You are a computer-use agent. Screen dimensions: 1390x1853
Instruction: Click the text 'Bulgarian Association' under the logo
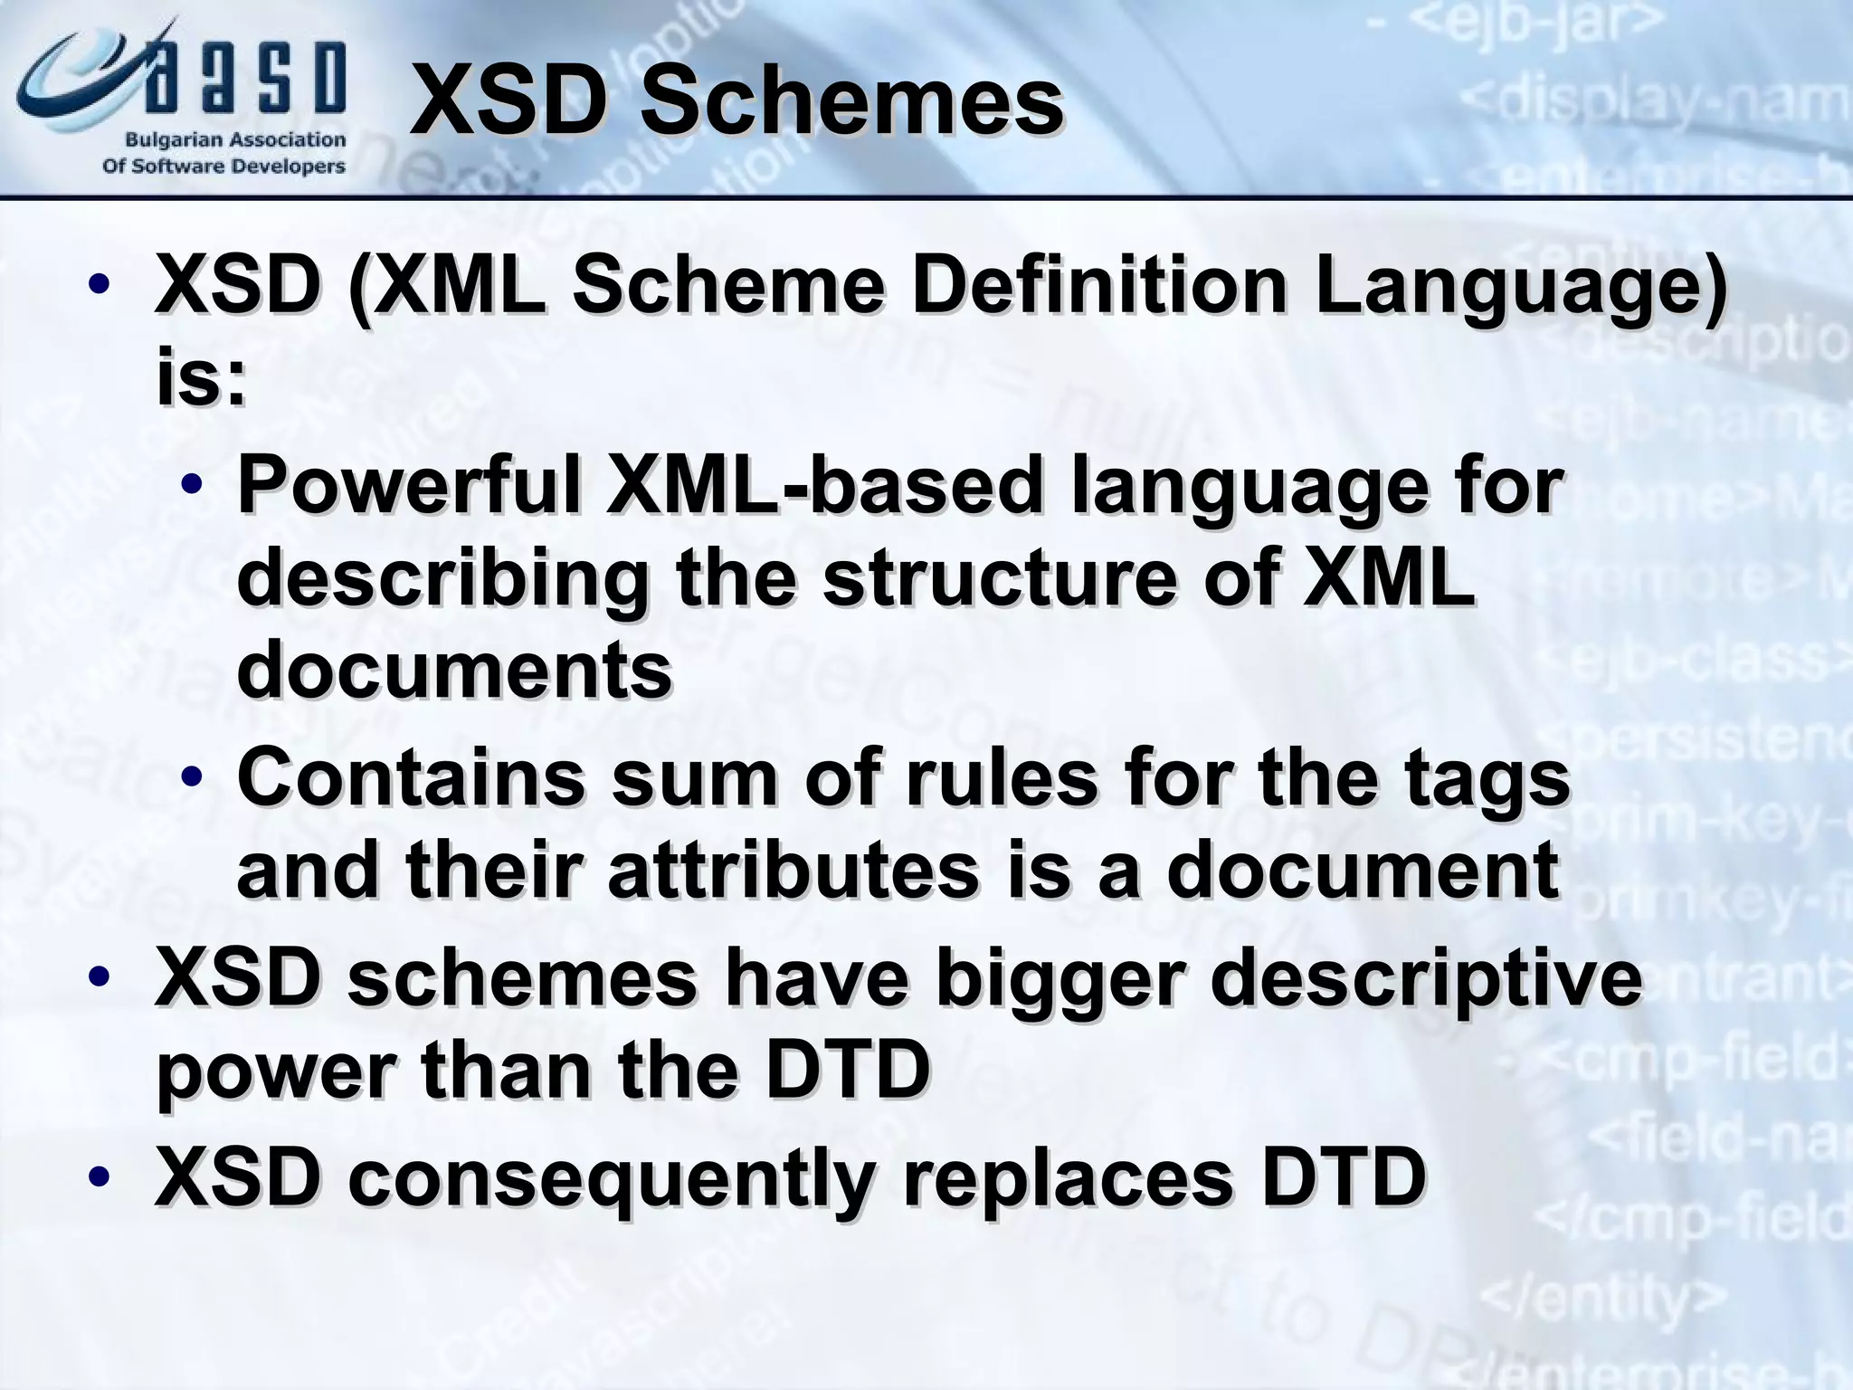point(235,140)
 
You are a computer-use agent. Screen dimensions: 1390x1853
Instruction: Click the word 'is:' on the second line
point(201,377)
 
